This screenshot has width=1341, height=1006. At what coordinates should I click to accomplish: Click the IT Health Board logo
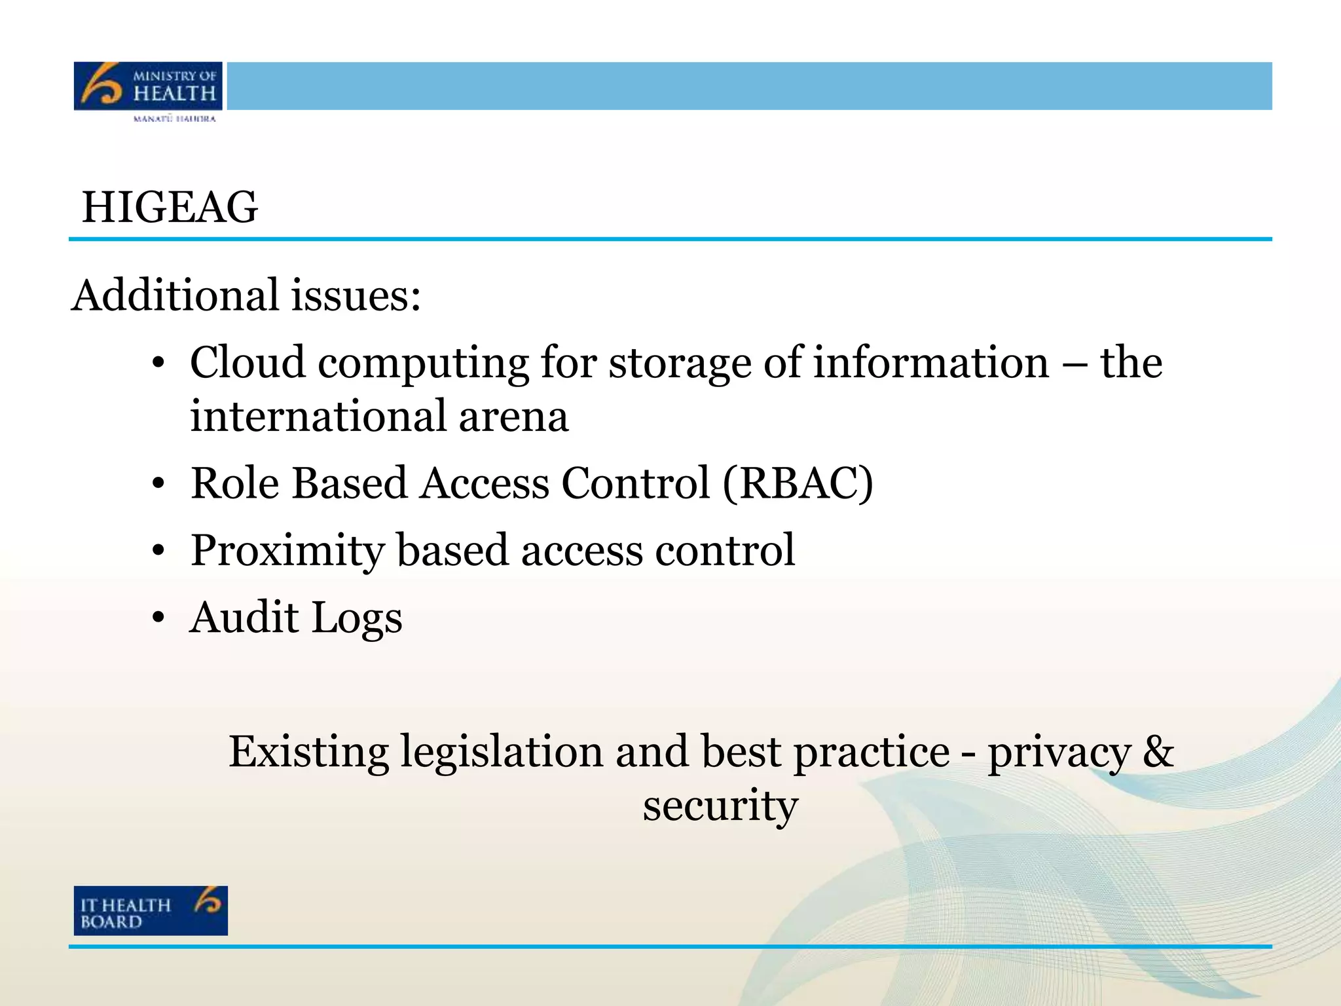[151, 910]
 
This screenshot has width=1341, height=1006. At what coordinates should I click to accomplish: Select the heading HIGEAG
[170, 208]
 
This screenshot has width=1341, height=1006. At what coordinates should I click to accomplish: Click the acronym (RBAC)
[798, 483]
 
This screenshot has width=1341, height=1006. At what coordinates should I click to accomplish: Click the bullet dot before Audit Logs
[158, 618]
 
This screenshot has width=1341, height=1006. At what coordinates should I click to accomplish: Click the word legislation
[502, 752]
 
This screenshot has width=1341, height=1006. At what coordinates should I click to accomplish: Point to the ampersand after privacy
[1158, 751]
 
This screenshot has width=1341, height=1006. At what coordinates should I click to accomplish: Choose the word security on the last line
[720, 806]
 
